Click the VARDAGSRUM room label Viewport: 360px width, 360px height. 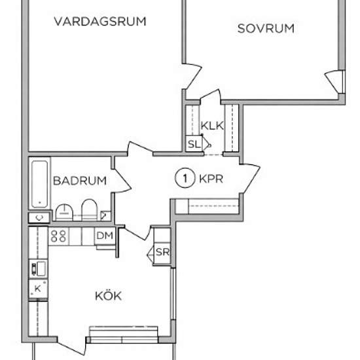[99, 22]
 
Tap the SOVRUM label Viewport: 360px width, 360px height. [266, 28]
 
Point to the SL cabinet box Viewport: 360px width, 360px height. [194, 144]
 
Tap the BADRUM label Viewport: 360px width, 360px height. [80, 181]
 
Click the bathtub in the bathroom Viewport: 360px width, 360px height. [40, 184]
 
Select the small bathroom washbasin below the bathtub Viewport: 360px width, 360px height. [40, 217]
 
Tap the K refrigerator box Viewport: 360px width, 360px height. [38, 288]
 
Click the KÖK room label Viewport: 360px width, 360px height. [108, 297]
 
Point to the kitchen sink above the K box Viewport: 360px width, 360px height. [38, 267]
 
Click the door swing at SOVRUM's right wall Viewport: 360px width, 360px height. [335, 82]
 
